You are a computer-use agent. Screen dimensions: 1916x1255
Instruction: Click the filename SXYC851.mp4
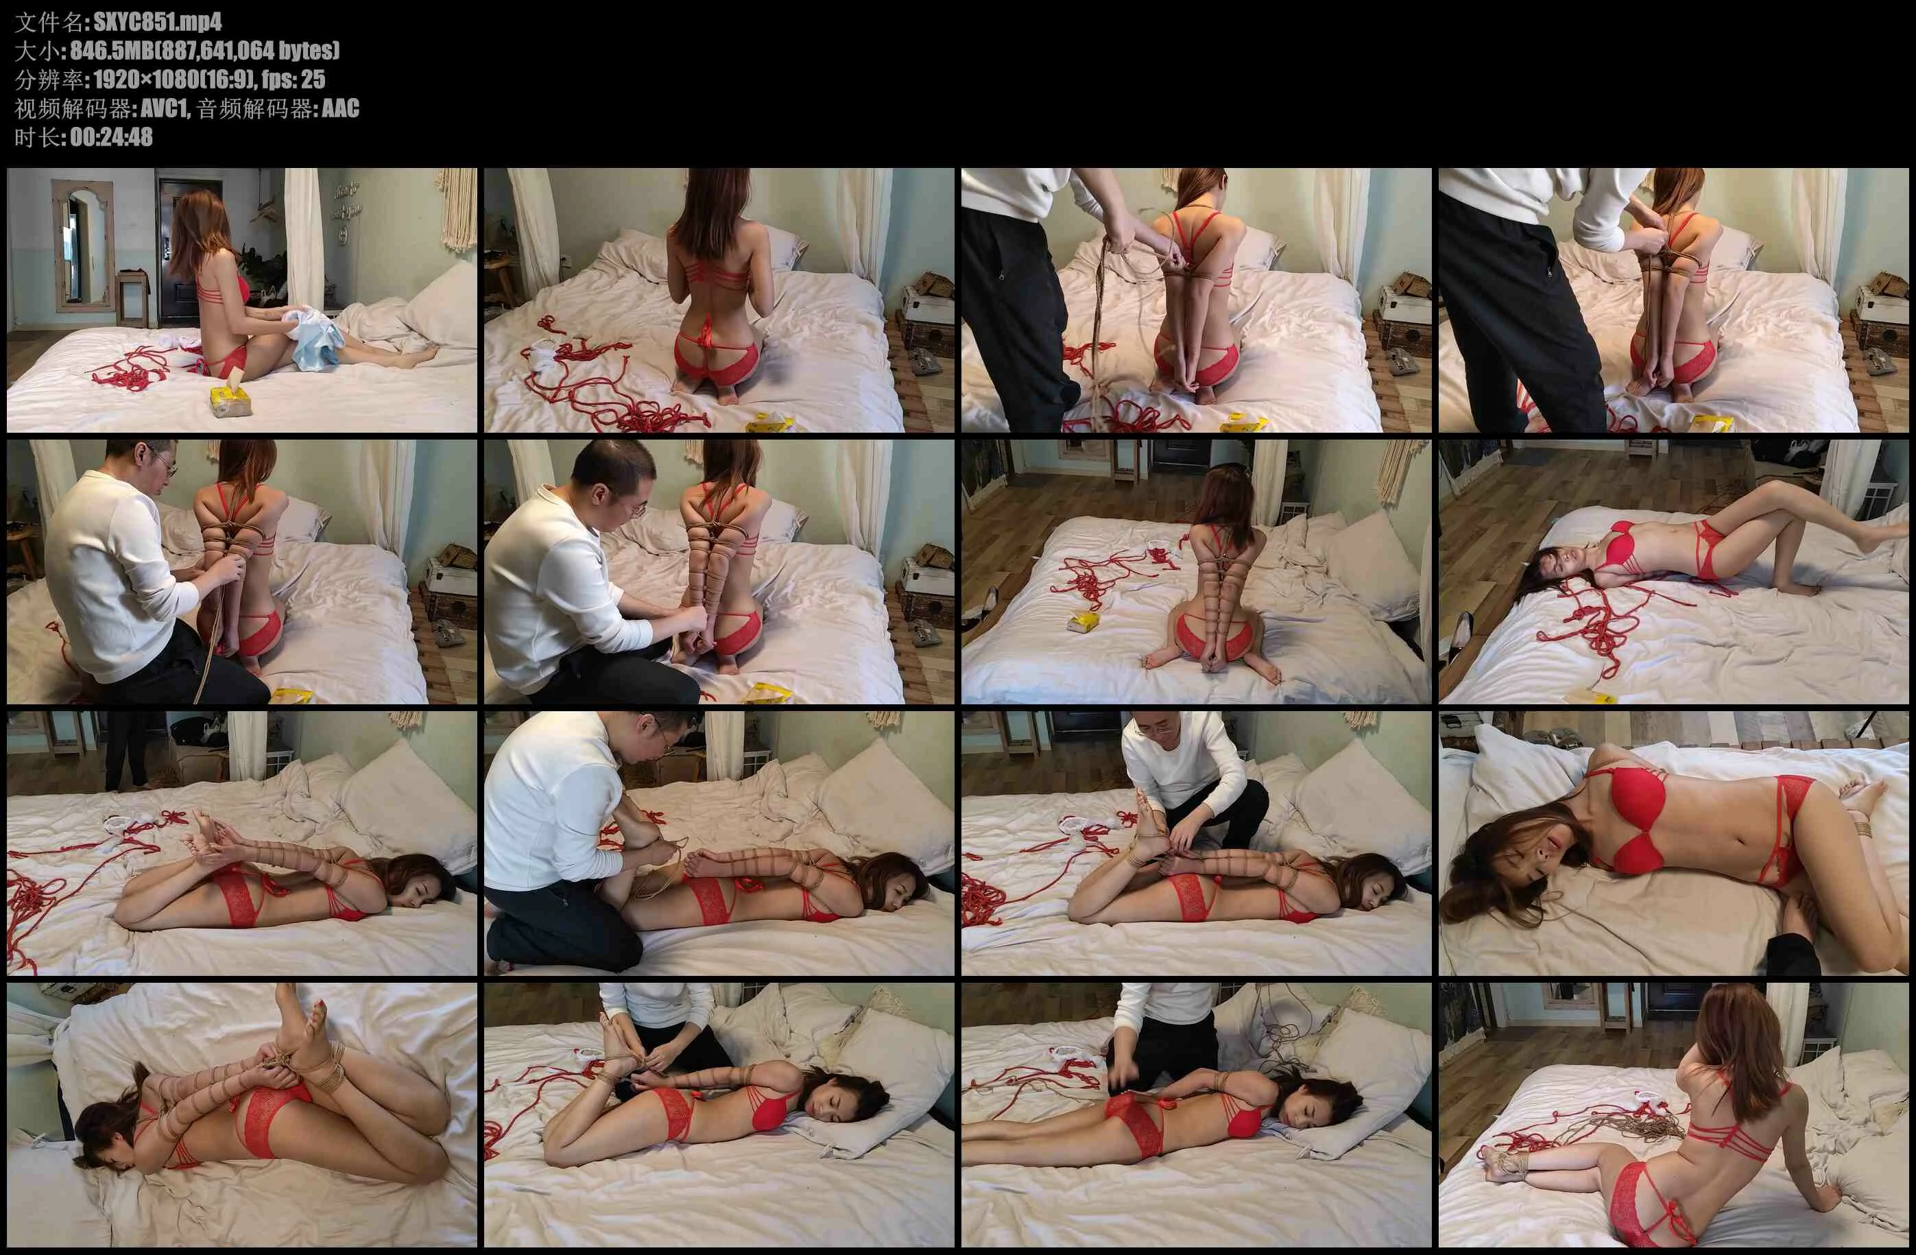click(x=158, y=22)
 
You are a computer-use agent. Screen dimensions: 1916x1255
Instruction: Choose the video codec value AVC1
click(x=164, y=108)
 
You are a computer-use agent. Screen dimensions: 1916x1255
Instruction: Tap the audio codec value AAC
click(x=341, y=108)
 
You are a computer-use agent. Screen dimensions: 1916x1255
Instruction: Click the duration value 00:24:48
click(x=111, y=138)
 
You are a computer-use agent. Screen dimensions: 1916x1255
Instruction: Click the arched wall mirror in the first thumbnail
click(x=84, y=246)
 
